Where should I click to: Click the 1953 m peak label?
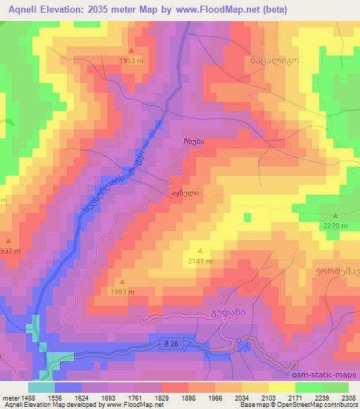coord(131,60)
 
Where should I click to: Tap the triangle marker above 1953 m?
coord(131,51)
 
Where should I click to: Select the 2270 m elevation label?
coord(335,226)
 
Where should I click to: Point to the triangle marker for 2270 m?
coord(335,216)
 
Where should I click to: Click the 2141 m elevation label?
coord(200,261)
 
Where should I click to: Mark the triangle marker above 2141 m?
coord(200,251)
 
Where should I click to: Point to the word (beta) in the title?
coord(269,8)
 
